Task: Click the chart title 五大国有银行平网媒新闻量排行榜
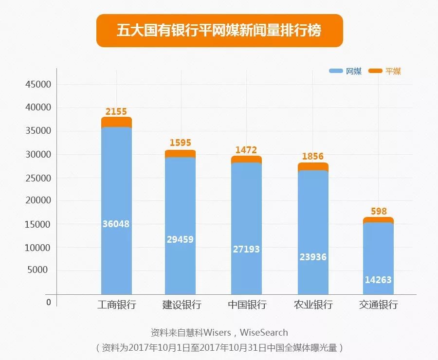pos(219,31)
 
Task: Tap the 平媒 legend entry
pos(385,71)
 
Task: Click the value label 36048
pos(116,224)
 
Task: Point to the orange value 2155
pos(116,112)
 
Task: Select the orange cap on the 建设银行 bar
pos(180,153)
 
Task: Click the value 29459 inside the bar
pos(180,240)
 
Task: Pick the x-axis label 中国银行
pos(247,305)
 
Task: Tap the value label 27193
pos(246,249)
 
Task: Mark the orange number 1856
pos(313,157)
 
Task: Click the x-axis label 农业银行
pos(313,305)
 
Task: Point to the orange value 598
pos(378,212)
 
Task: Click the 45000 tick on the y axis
pos(38,85)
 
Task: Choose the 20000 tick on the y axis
pos(38,201)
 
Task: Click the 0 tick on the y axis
pos(49,302)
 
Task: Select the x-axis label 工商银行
pos(116,305)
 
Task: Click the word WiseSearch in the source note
pos(264,333)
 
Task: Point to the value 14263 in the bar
pos(378,280)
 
